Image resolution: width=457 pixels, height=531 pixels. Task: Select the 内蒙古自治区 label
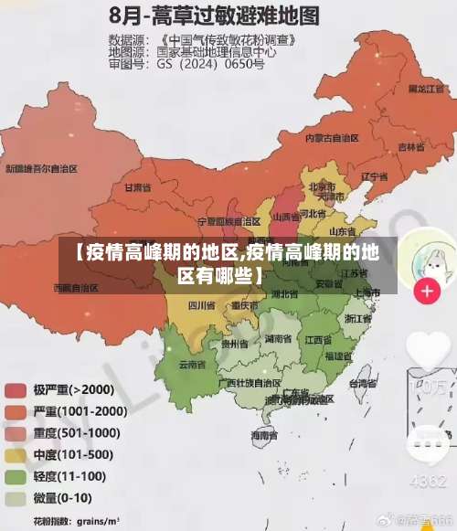[x=331, y=137]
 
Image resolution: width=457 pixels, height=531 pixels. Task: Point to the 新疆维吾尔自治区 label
[x=41, y=169]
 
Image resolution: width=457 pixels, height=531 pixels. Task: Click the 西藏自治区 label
[x=75, y=287]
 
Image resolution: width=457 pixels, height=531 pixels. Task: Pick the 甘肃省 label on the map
[x=137, y=187]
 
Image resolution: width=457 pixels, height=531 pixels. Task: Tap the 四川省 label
[x=201, y=305]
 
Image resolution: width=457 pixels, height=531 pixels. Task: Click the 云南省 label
[x=192, y=365]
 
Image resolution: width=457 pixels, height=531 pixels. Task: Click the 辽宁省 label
[x=370, y=176]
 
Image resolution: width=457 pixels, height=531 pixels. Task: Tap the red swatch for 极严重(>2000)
[x=16, y=389]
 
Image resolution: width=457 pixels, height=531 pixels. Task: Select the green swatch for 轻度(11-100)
[x=16, y=477]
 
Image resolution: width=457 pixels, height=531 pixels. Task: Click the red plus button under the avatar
[x=427, y=292]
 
